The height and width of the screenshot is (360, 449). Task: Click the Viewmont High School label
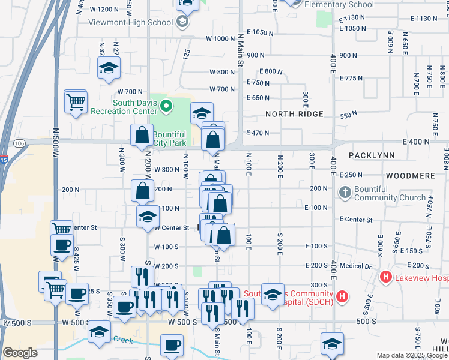click(131, 23)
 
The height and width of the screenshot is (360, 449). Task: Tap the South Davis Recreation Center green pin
click(167, 107)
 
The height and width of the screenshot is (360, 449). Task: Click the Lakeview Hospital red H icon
click(385, 277)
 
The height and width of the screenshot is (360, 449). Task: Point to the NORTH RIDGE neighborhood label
click(294, 114)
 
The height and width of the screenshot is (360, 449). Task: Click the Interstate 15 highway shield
click(4, 160)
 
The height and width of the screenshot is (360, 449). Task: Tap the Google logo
click(20, 353)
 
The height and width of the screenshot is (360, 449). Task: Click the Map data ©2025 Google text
click(412, 355)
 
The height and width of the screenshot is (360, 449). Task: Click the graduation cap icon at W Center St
click(148, 218)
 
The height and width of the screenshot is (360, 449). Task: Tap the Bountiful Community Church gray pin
click(345, 193)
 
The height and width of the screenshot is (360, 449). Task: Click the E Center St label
click(355, 220)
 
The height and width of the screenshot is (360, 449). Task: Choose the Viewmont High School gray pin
click(182, 23)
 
